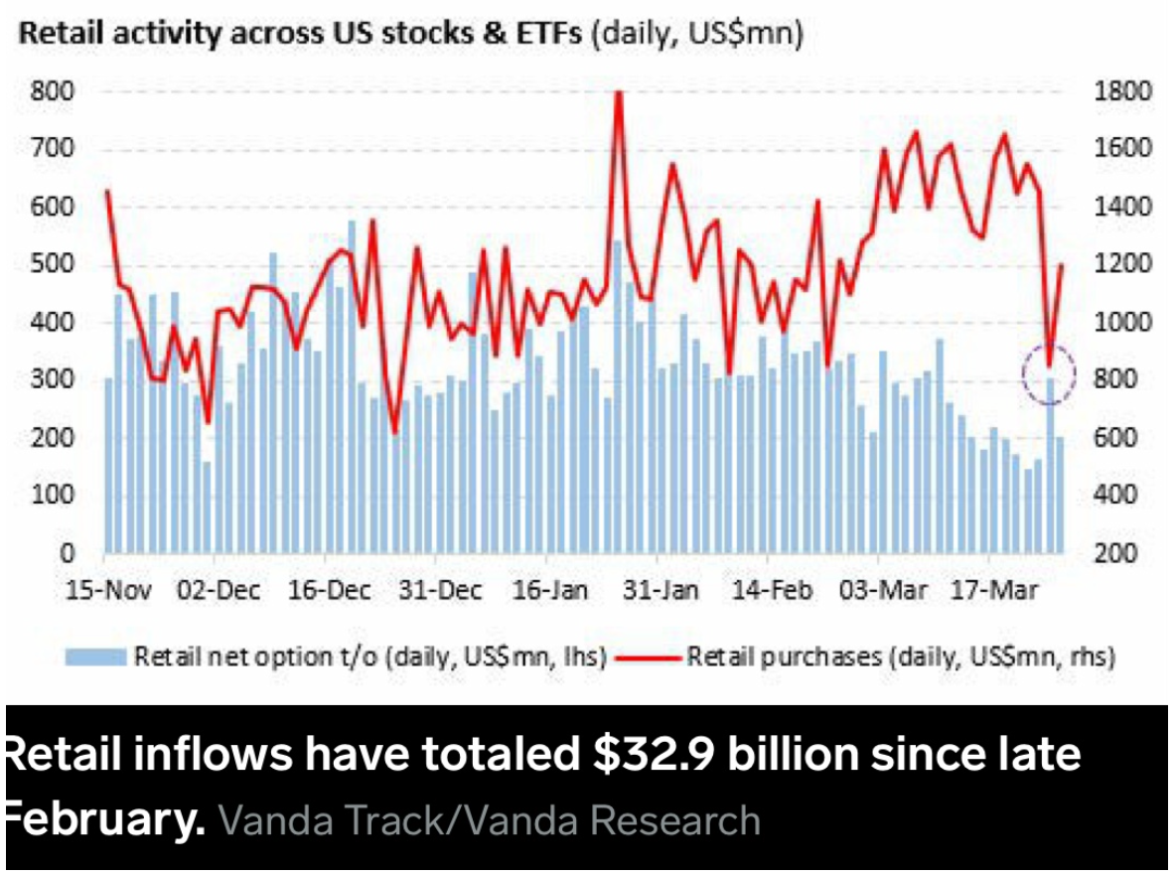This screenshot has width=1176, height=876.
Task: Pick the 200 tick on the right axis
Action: coord(1130,553)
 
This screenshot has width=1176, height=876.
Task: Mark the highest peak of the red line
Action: coord(619,92)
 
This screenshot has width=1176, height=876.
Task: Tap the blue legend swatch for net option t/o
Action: coord(95,657)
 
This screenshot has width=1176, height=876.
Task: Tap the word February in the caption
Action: coord(103,819)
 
